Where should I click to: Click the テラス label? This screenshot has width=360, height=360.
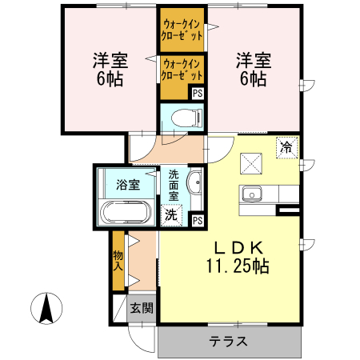230,342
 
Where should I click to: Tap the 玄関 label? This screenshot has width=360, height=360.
142,308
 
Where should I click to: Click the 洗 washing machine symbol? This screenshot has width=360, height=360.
171,214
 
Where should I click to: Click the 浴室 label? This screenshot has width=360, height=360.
128,184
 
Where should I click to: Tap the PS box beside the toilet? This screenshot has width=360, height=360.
198,93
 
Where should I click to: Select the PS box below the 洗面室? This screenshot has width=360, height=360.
197,220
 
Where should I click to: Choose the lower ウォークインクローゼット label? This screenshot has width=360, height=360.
182,68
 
